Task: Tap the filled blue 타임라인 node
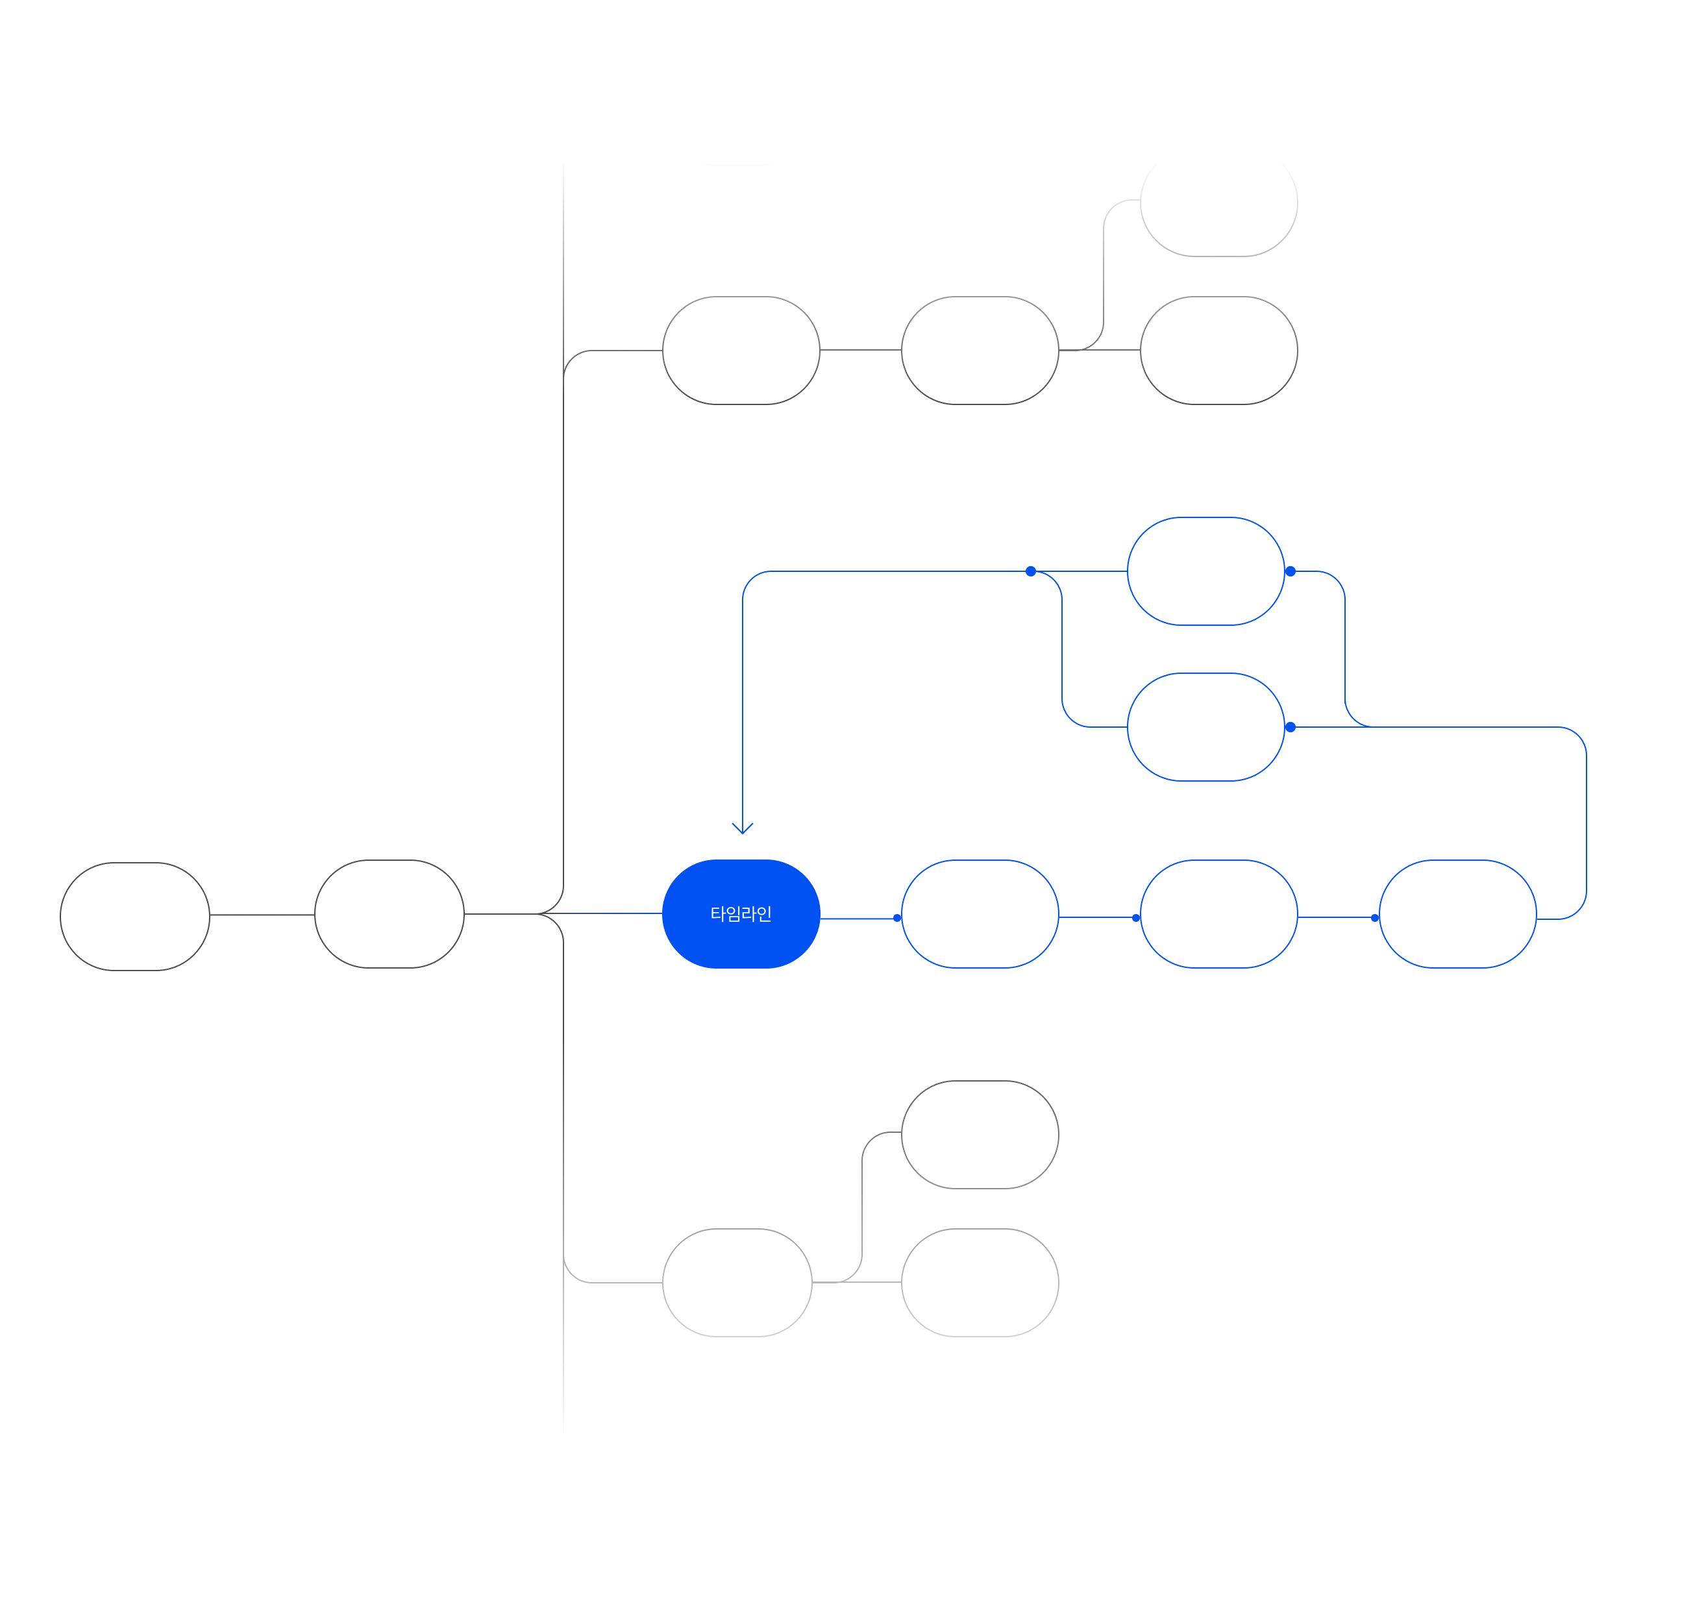(741, 914)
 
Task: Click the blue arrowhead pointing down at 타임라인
(743, 828)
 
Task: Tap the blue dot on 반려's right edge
(1290, 571)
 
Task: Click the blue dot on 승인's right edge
(1290, 727)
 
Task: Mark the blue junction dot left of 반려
(1030, 571)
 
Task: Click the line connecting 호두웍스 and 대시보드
(262, 915)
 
